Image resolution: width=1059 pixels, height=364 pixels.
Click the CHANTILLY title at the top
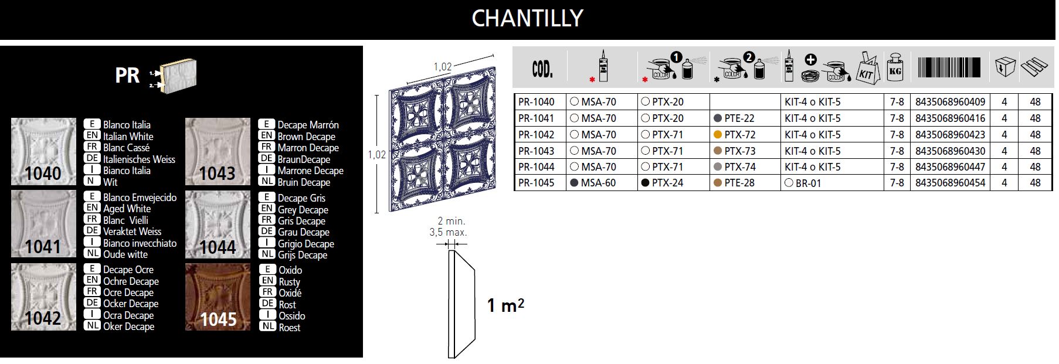pos(527,18)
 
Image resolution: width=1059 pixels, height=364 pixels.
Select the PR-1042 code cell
pos(536,134)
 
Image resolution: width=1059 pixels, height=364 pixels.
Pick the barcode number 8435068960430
pos(950,151)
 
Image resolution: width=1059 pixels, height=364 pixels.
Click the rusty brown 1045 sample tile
pos(218,297)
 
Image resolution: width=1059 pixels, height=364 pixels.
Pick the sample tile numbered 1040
pos(43,152)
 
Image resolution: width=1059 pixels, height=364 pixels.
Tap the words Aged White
pos(127,209)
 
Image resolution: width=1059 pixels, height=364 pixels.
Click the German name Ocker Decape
pos(131,304)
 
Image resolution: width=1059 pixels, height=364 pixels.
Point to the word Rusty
pos(289,281)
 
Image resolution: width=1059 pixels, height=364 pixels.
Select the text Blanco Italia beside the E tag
pos(127,125)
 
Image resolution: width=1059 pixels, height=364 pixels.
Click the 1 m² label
pos(505,305)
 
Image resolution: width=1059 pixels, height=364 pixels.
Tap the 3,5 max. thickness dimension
pos(448,232)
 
